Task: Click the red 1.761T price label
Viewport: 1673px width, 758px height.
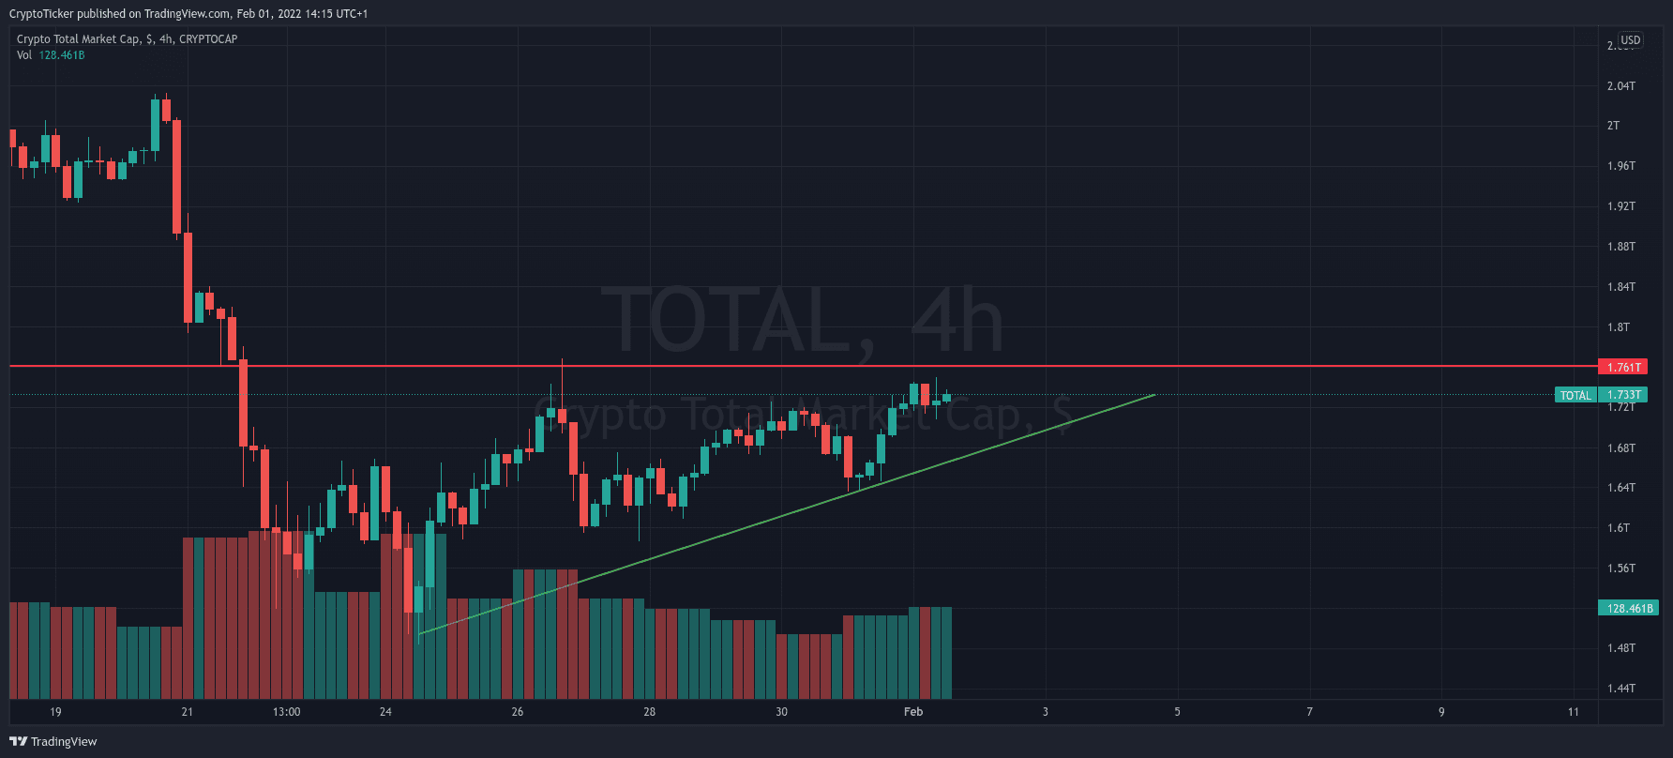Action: coord(1623,367)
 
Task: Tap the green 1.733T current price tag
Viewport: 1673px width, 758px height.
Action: coord(1623,395)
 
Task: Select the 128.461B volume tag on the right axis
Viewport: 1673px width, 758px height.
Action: coord(1629,608)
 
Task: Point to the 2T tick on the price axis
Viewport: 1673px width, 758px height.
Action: coord(1613,126)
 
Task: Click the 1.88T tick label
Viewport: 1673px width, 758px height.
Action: coord(1620,247)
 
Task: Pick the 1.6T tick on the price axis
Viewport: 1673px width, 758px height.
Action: coord(1618,528)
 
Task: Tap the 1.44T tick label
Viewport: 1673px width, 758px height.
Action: coord(1620,689)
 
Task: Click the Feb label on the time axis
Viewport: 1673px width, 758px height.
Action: coord(913,712)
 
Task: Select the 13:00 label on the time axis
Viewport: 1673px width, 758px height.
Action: coord(287,712)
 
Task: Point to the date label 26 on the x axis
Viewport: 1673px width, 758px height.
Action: coord(518,712)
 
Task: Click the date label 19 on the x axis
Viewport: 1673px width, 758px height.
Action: coord(55,712)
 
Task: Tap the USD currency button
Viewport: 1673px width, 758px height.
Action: coord(1631,40)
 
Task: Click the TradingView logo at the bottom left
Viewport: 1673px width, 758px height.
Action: coord(53,741)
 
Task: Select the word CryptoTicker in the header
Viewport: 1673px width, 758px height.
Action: coord(41,14)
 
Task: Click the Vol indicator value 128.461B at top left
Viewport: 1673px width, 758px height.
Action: coord(62,55)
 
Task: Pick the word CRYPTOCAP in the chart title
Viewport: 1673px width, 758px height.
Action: coord(208,39)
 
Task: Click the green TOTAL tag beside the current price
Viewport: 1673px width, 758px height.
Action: coord(1575,395)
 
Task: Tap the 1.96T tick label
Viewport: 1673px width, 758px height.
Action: coord(1620,166)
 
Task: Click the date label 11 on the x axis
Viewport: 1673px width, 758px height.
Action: coord(1574,712)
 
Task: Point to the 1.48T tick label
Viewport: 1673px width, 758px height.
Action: coord(1620,648)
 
